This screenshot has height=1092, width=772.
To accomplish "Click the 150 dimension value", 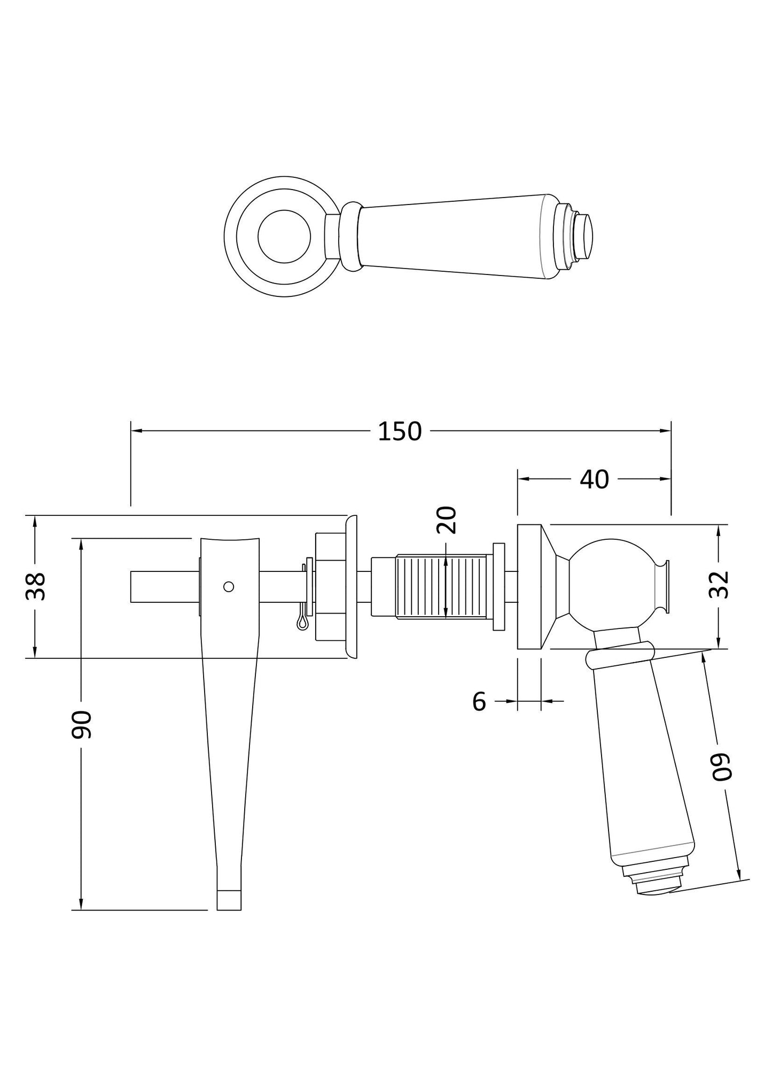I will click(x=400, y=431).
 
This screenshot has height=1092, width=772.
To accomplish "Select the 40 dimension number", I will click(x=594, y=480).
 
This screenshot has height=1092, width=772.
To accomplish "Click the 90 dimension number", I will click(x=82, y=725).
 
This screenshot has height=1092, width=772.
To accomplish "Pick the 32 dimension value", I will click(x=720, y=585).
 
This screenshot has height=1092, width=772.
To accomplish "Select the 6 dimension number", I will click(x=479, y=702).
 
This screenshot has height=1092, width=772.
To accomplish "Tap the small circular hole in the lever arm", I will click(x=229, y=586).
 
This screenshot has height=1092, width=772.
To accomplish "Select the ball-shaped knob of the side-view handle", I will click(x=611, y=583).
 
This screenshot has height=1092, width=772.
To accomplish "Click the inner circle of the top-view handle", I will click(x=284, y=237).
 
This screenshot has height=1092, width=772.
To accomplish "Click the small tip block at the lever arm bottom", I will click(x=229, y=899).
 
